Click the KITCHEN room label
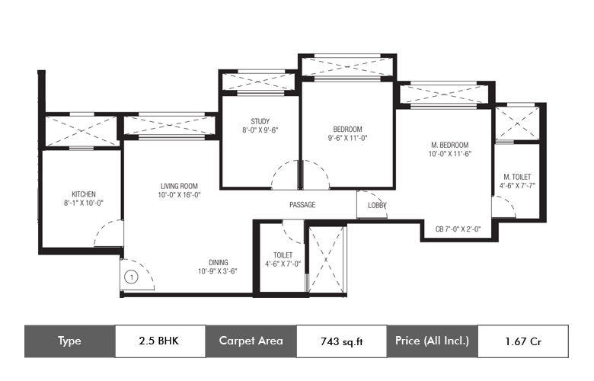coord(84,194)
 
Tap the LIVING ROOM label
coord(179,186)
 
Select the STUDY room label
coord(260,121)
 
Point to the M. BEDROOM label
coord(449,145)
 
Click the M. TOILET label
coord(517,177)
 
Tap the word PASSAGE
coord(302,205)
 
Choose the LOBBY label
coord(377,205)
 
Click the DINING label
coord(219,262)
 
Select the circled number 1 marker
coord(131,277)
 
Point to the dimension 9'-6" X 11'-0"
coord(348,138)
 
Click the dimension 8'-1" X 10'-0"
coord(84,203)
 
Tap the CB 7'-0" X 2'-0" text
coord(458,229)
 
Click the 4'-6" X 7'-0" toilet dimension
coord(283,264)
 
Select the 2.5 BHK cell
coord(160,341)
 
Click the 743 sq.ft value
coord(342,341)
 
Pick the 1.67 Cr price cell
coord(523,341)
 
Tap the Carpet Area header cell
coord(251,341)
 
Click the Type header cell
coord(70,341)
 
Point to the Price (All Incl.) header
coord(433,341)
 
